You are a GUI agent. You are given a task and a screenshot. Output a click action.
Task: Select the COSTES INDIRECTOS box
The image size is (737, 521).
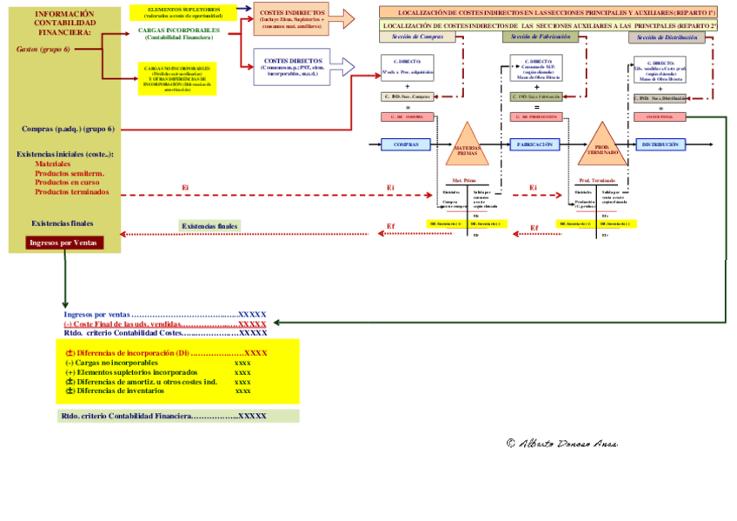[x=291, y=19]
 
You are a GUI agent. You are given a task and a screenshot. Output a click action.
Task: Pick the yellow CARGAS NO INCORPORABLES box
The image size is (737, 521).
[x=176, y=78]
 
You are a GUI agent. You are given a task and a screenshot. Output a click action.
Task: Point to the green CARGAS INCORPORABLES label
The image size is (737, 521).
[x=179, y=33]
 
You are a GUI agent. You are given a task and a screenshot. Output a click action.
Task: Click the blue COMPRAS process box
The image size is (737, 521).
[x=406, y=144]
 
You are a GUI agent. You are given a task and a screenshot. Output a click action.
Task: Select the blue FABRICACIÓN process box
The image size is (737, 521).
[x=535, y=144]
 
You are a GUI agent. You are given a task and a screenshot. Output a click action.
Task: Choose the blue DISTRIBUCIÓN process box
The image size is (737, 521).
[x=661, y=144]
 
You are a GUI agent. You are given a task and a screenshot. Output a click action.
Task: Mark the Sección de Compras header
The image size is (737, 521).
[x=418, y=37]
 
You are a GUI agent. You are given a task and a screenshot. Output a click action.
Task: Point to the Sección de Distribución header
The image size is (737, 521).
[x=667, y=37]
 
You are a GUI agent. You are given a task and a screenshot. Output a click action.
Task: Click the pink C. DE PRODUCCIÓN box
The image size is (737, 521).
[x=535, y=117]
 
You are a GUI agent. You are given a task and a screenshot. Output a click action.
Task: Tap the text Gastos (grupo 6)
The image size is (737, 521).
[x=43, y=50]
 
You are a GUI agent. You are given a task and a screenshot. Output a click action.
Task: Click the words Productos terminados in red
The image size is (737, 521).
[x=71, y=191]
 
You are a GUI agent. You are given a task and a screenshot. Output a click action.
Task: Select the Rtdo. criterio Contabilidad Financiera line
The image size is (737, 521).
[x=163, y=417]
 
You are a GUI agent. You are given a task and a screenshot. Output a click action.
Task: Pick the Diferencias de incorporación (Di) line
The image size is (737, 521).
[x=166, y=353]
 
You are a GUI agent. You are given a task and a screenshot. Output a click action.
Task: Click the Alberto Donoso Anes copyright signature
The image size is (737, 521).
[x=562, y=444]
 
